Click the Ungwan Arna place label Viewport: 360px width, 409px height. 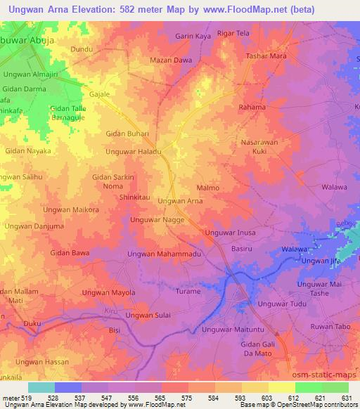(180, 201)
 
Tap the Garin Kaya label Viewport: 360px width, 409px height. (193, 34)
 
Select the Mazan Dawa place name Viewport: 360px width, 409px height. (172, 60)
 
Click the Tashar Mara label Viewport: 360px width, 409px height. (264, 56)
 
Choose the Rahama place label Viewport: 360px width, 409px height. (252, 108)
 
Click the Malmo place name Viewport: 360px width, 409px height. (208, 188)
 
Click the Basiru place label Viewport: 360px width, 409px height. (242, 249)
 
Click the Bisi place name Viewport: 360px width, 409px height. (115, 329)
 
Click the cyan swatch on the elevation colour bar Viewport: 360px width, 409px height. (41, 387)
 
